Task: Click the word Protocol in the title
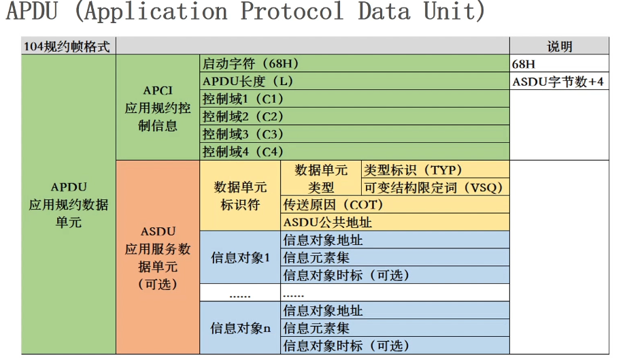click(x=292, y=11)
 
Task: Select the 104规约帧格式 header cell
click(x=69, y=46)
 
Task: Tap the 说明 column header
click(x=559, y=46)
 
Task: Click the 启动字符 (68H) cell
click(x=354, y=63)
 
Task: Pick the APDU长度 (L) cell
click(x=354, y=81)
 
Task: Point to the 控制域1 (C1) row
click(x=354, y=99)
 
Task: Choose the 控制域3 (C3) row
click(x=354, y=134)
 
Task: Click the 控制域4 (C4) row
click(x=354, y=152)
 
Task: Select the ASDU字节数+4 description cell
click(x=559, y=81)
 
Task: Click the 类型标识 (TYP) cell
click(x=435, y=169)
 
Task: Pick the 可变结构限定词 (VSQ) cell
click(x=435, y=187)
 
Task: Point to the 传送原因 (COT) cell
click(x=394, y=204)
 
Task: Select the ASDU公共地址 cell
click(x=394, y=222)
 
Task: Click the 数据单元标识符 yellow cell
click(x=240, y=195)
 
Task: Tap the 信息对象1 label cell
click(x=240, y=257)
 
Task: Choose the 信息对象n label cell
click(x=240, y=328)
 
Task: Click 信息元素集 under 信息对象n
click(x=394, y=328)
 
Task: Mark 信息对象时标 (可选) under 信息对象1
click(x=394, y=275)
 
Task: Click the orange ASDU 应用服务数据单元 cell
click(x=158, y=257)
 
